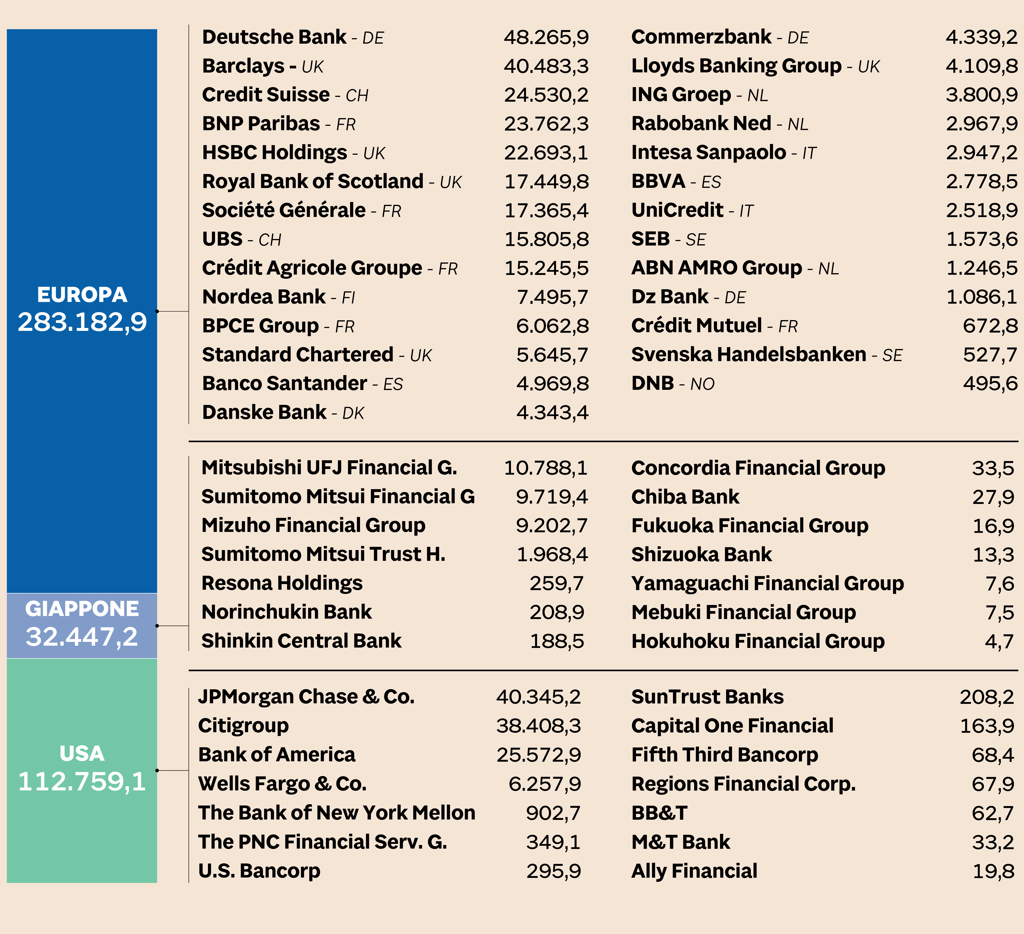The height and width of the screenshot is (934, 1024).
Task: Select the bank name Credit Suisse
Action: [x=266, y=95]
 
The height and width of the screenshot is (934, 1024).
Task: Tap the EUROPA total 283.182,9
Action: [x=82, y=322]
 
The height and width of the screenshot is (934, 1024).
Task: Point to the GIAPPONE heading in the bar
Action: [x=82, y=609]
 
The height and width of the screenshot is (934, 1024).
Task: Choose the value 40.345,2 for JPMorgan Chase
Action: [x=538, y=697]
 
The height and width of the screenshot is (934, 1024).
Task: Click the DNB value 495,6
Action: [x=990, y=384]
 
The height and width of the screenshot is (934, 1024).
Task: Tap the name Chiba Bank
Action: [x=685, y=497]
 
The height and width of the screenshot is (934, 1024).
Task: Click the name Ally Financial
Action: [x=694, y=871]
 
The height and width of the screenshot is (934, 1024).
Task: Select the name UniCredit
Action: [x=677, y=210]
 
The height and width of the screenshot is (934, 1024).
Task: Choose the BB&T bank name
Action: [x=659, y=813]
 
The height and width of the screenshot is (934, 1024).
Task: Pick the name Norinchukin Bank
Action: [x=286, y=612]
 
